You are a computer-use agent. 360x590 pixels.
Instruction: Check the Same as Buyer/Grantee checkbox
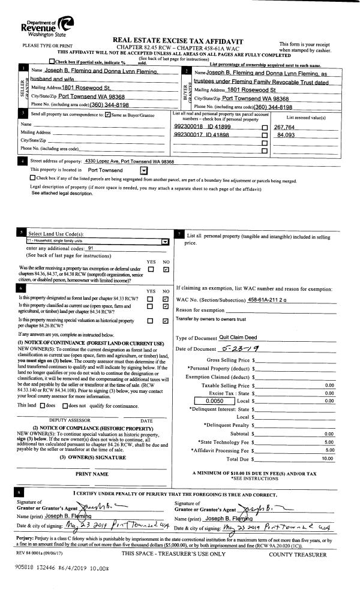(107, 115)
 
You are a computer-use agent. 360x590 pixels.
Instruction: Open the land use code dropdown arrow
(164, 242)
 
